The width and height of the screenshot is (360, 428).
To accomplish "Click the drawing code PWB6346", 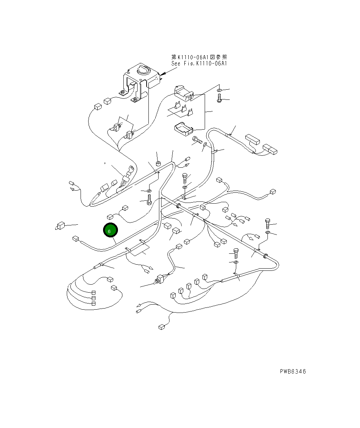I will point(292,371).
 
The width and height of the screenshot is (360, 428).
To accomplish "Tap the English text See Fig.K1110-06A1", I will point(199,63).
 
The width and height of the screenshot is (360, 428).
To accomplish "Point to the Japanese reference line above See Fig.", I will point(199,57).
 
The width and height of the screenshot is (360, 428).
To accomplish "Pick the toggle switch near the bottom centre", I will point(159,280).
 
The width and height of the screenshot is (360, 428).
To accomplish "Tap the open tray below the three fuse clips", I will point(184,129).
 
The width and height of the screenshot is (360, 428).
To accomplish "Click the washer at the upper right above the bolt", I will point(220,90).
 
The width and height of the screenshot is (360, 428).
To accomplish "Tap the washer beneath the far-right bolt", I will point(268,232).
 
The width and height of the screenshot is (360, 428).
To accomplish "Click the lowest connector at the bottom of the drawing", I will point(161,327).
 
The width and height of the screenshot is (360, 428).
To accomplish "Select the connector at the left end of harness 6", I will point(76,239).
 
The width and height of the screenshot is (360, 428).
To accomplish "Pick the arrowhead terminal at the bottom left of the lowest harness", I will point(138,311).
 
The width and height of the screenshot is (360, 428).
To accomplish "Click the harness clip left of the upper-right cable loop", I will point(214,151).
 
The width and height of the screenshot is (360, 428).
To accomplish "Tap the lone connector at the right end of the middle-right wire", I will point(273,192).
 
